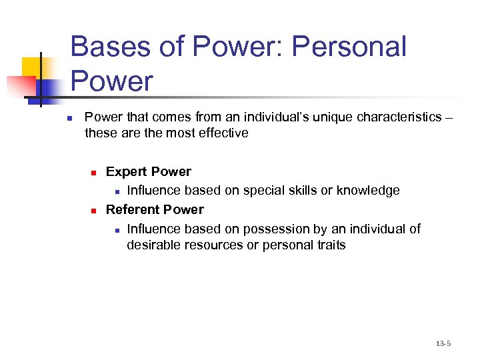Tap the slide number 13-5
tap(443, 343)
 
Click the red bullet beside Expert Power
tap(95, 173)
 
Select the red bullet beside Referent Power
tap(95, 211)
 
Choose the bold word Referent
tap(134, 210)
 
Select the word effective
tap(224, 133)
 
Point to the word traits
tap(331, 245)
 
